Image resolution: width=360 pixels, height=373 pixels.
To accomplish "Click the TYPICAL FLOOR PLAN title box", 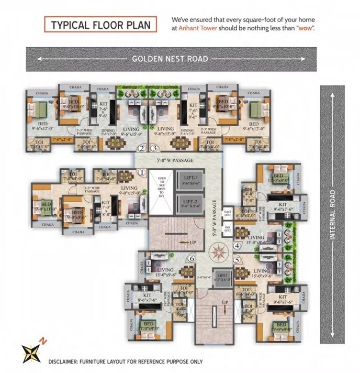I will tap(100, 25).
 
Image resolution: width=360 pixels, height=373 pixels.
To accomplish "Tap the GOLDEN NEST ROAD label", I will tap(170, 59).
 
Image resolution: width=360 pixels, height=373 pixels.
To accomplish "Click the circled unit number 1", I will tap(141, 172).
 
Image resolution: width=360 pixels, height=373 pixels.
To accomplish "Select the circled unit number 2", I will tap(141, 149).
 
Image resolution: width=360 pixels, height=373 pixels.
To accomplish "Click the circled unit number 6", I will tap(192, 258).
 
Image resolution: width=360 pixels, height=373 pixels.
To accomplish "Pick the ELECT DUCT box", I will tap(228, 212).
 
